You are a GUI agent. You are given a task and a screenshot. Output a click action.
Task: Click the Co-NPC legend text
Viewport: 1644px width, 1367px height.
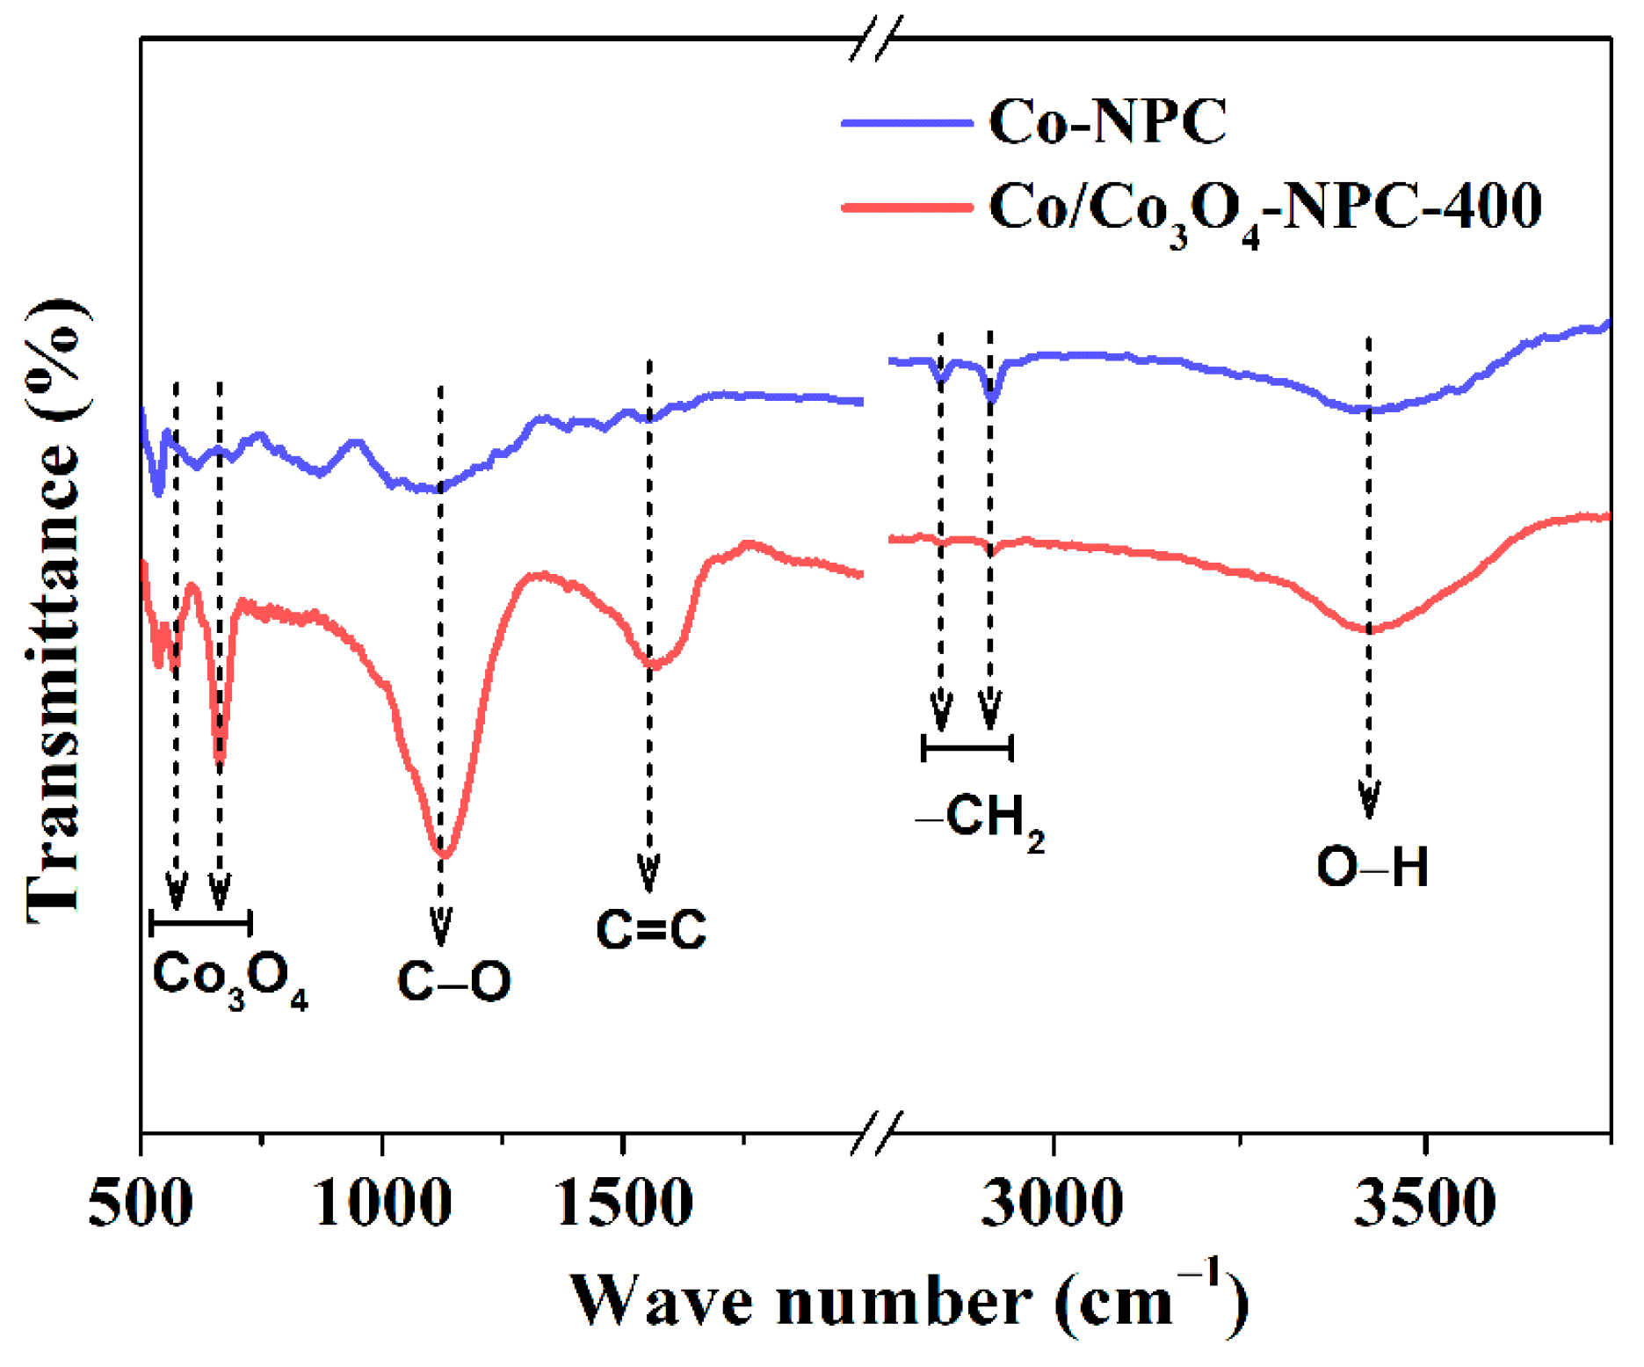click(1107, 121)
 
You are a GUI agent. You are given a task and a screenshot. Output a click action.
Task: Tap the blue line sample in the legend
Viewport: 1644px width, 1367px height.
click(906, 123)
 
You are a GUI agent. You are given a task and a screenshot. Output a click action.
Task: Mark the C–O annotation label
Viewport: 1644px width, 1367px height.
click(453, 981)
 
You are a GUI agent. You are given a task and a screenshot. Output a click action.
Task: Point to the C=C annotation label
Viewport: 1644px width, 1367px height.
click(651, 929)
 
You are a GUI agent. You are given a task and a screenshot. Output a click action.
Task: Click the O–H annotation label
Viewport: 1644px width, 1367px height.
click(1372, 867)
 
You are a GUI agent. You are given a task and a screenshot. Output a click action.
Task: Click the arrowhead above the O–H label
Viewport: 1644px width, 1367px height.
click(1369, 800)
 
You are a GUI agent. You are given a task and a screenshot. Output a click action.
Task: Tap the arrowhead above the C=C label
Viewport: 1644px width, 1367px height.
click(649, 874)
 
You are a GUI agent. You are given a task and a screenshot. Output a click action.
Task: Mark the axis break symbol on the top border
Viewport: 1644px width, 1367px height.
click(876, 39)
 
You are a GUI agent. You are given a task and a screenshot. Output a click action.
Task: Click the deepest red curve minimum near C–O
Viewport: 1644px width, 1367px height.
click(445, 853)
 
